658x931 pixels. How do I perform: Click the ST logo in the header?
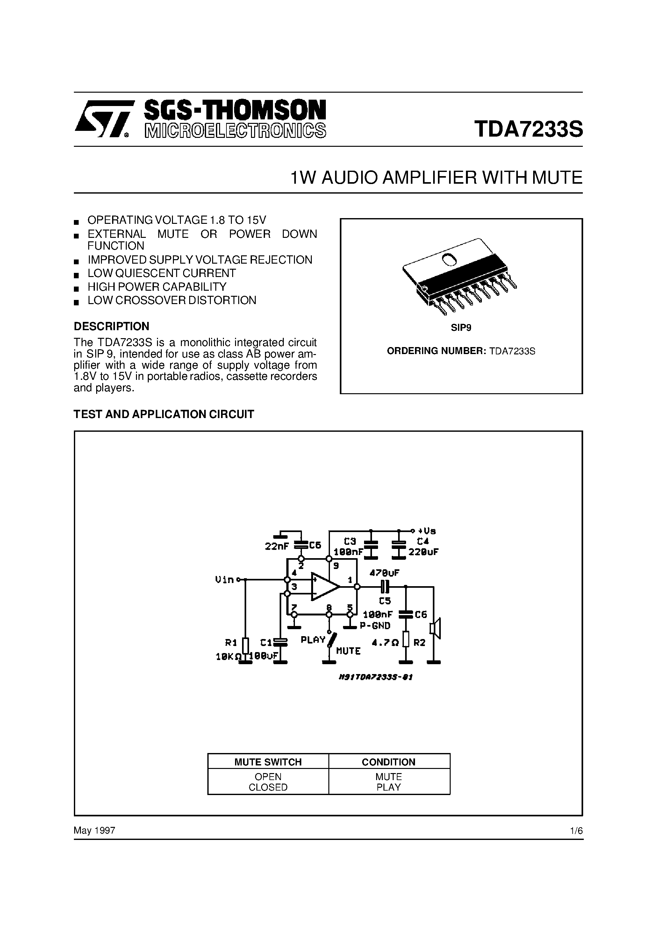pyautogui.click(x=104, y=119)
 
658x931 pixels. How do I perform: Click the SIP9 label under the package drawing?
pyautogui.click(x=461, y=328)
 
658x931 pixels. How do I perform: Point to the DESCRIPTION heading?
pyautogui.click(x=111, y=326)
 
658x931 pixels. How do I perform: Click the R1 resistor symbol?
pyautogui.click(x=245, y=645)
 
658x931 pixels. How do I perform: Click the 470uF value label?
pyautogui.click(x=384, y=573)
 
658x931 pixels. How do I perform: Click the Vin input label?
pyautogui.click(x=224, y=580)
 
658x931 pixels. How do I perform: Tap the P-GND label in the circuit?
pyautogui.click(x=375, y=626)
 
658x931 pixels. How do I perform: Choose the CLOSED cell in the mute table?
pyautogui.click(x=268, y=787)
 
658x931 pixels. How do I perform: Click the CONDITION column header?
pyautogui.click(x=389, y=762)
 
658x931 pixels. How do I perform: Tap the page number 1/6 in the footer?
pyautogui.click(x=576, y=831)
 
